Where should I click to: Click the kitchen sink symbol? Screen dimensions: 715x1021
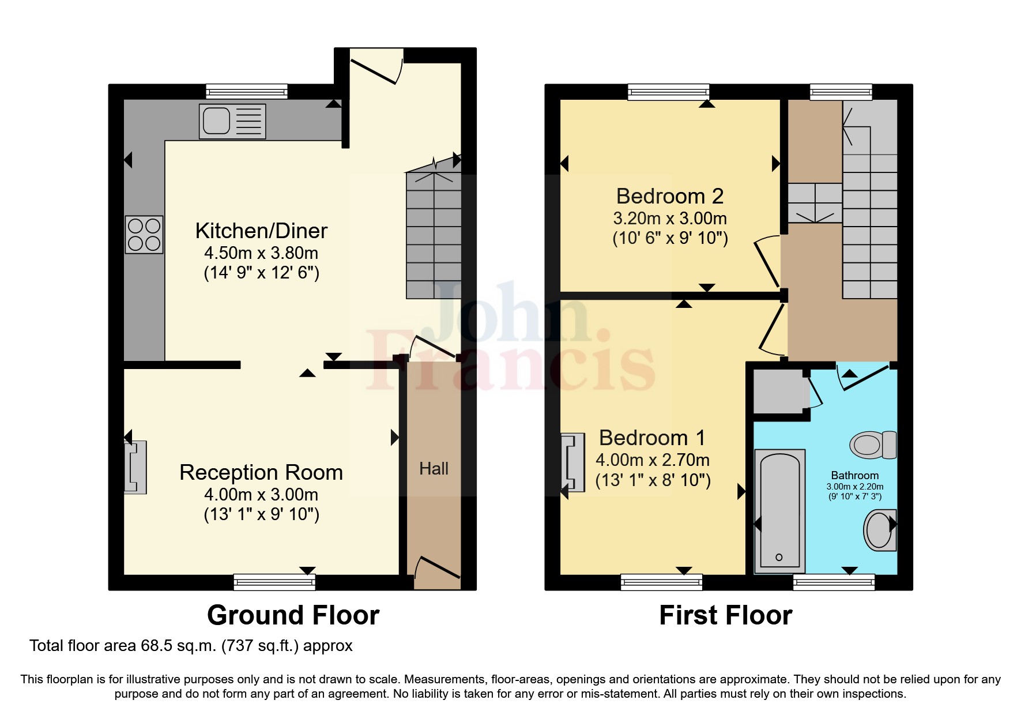[x=232, y=121]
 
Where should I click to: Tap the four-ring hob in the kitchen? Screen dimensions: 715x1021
[x=144, y=235]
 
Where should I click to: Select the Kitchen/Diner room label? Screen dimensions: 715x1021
[x=261, y=231]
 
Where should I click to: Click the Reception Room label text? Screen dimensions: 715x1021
[x=261, y=472]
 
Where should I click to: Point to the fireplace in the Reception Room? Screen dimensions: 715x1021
[x=135, y=467]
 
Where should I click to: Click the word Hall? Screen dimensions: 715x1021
[x=434, y=469]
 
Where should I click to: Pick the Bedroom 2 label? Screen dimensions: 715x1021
[x=669, y=196]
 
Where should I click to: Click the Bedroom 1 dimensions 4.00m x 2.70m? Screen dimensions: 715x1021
[x=653, y=460]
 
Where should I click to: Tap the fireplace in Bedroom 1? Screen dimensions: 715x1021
[x=572, y=464]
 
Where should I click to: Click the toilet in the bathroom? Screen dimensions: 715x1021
[x=873, y=445]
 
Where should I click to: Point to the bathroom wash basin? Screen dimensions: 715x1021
[x=880, y=530]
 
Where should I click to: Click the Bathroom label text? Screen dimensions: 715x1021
[x=854, y=475]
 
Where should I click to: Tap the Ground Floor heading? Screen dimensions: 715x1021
[x=293, y=615]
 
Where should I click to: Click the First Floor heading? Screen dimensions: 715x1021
[x=725, y=615]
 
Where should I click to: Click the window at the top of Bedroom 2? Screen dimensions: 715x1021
[x=668, y=92]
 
